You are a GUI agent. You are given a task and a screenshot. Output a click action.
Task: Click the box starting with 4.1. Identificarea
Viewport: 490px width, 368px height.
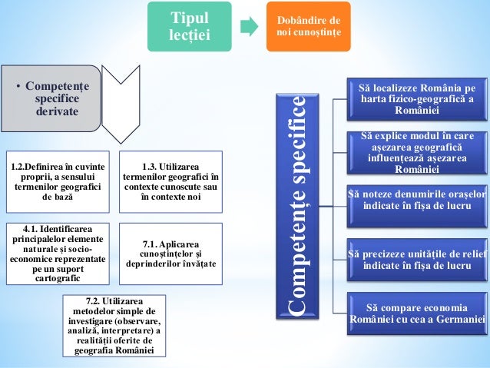pyautogui.click(x=56, y=253)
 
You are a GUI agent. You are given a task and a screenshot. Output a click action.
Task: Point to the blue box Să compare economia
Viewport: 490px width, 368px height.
pyautogui.click(x=416, y=312)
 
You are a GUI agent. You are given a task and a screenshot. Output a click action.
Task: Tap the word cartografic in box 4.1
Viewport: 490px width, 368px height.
pyautogui.click(x=56, y=278)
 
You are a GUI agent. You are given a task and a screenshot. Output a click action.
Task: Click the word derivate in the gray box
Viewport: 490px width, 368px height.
pyautogui.click(x=57, y=112)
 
